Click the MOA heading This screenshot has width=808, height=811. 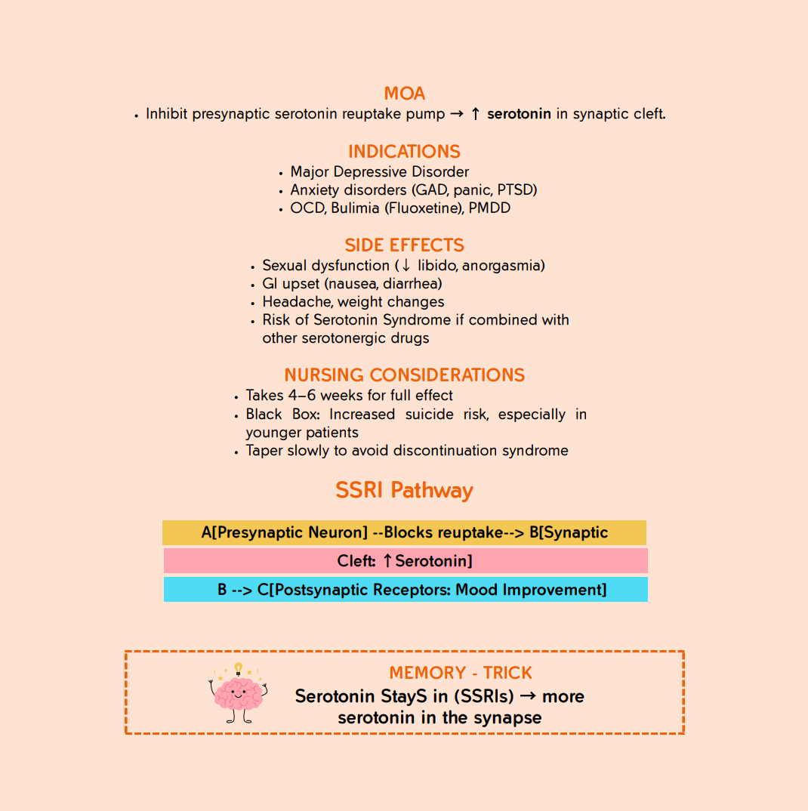(x=404, y=94)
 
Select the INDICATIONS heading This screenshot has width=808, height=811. (x=404, y=152)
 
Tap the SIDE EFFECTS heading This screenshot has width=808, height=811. (x=404, y=245)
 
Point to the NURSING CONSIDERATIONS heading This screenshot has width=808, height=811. (x=404, y=375)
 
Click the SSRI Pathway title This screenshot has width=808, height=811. (x=404, y=491)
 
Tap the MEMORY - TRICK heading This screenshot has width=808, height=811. (x=461, y=673)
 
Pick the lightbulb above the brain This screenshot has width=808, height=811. (x=239, y=668)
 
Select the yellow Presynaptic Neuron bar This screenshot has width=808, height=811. (x=404, y=532)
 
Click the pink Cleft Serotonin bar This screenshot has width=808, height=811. (x=406, y=561)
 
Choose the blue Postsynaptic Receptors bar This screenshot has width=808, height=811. (x=406, y=590)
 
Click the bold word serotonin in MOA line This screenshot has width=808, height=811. (x=519, y=115)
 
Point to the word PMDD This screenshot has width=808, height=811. (x=489, y=208)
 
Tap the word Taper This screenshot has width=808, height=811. (x=264, y=451)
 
